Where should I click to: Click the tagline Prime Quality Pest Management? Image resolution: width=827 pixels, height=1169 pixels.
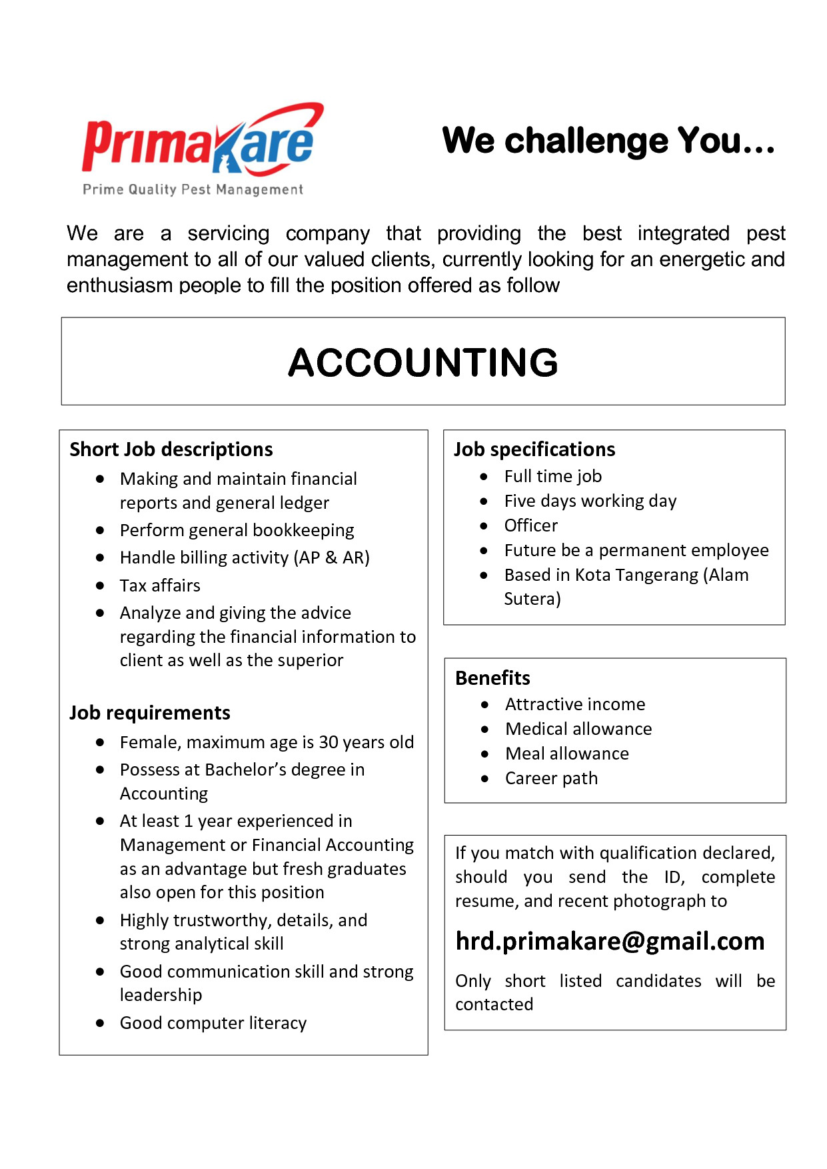click(193, 189)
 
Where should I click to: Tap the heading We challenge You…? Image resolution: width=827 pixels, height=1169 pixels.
click(608, 141)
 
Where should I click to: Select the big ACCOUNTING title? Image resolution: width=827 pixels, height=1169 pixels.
click(422, 362)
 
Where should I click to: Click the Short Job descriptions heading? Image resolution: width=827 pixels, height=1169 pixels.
click(171, 449)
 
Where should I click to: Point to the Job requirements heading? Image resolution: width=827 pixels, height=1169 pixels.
click(150, 713)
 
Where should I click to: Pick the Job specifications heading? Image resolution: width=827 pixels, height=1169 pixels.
click(534, 449)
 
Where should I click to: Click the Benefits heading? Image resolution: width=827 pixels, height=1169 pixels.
click(492, 678)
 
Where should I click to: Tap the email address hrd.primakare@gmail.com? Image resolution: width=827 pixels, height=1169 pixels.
click(610, 941)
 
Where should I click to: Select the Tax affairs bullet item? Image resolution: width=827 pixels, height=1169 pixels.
click(160, 586)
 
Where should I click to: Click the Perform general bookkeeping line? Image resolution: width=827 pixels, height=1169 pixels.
click(237, 530)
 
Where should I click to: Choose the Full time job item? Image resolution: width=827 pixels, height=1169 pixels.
click(552, 476)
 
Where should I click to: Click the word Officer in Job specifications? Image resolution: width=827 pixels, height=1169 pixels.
click(530, 525)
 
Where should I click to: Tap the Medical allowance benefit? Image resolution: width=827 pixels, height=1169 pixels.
click(578, 729)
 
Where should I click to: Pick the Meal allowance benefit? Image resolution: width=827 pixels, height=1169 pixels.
click(566, 754)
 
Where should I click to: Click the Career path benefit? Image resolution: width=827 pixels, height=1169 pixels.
click(551, 778)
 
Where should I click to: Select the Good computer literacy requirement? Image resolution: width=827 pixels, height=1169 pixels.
click(213, 1023)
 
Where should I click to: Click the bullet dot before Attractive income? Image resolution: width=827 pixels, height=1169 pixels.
click(484, 704)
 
